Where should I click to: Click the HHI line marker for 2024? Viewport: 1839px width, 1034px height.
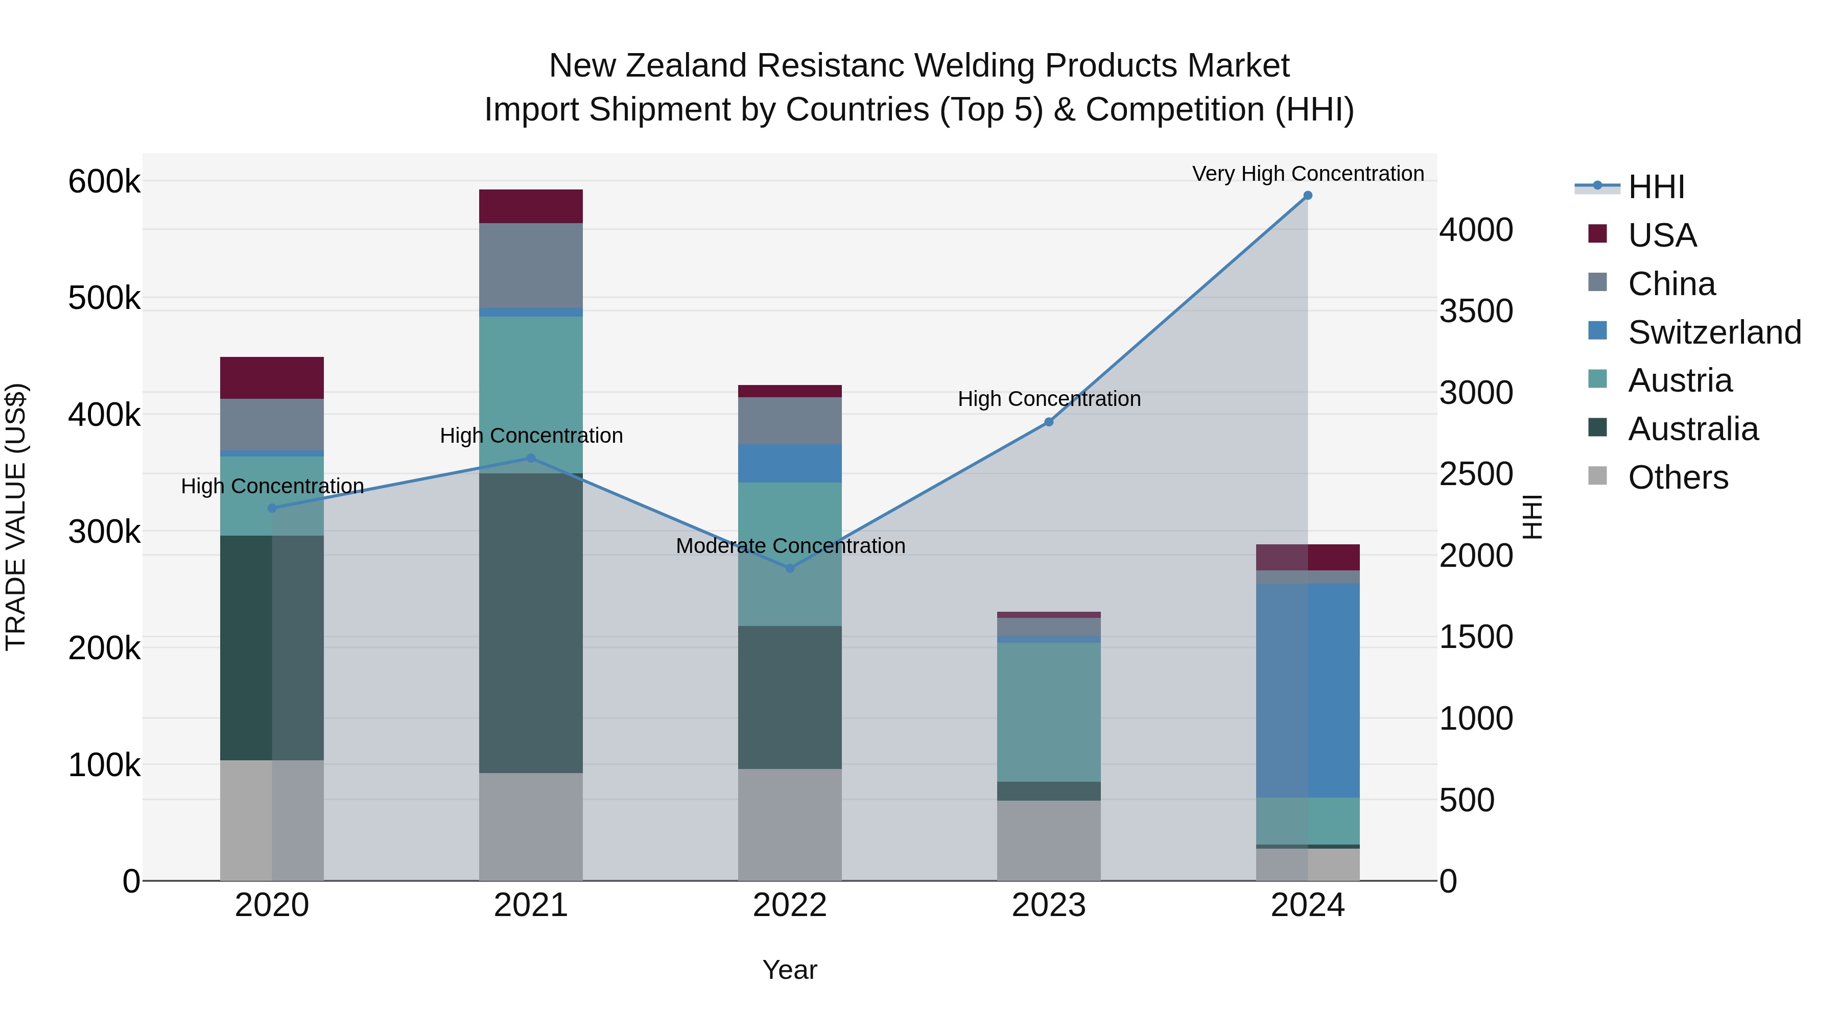tap(1307, 196)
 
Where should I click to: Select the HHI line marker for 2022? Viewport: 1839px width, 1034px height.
tap(790, 568)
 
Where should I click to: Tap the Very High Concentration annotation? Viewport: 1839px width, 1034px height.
tap(1307, 174)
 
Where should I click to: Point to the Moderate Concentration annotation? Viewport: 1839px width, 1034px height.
tap(790, 546)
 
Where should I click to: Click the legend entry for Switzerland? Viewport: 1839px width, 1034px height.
tap(1713, 332)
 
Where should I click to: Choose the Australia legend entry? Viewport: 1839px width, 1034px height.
tap(1692, 429)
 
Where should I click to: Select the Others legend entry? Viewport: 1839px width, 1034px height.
tap(1678, 477)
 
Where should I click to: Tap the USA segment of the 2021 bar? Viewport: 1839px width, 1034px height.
tap(530, 206)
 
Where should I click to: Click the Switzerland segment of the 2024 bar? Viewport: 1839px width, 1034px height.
tap(1307, 690)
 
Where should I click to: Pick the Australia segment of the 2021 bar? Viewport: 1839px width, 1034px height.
tap(530, 622)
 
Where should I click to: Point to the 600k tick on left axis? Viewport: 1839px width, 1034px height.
tap(104, 182)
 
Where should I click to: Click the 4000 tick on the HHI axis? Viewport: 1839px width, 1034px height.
tap(1475, 230)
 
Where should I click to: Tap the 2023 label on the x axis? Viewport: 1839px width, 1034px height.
tap(1048, 905)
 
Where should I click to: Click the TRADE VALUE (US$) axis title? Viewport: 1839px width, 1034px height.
tap(16, 517)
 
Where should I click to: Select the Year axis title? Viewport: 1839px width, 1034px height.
tap(790, 970)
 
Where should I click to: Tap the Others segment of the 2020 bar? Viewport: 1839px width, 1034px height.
tap(271, 820)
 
